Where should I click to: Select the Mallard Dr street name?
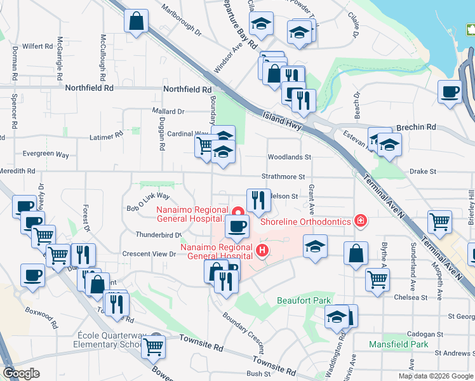168,111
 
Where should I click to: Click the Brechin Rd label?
416,127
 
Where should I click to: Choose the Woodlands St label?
289,157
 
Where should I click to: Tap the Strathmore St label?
284,177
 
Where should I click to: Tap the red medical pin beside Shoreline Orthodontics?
361,220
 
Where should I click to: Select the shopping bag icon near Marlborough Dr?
137,22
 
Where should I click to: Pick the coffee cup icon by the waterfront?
450,91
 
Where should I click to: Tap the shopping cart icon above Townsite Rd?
154,347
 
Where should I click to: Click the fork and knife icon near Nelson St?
258,200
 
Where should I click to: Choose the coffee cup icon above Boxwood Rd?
32,276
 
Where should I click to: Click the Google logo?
21,373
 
